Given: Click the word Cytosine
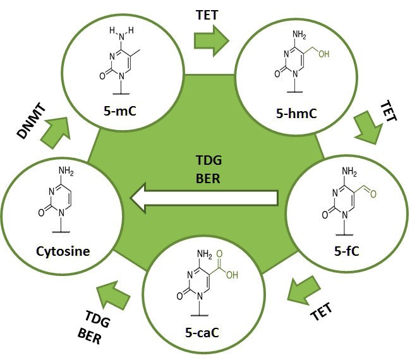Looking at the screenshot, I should (63, 251).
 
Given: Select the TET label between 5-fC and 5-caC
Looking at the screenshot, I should (320, 310).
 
